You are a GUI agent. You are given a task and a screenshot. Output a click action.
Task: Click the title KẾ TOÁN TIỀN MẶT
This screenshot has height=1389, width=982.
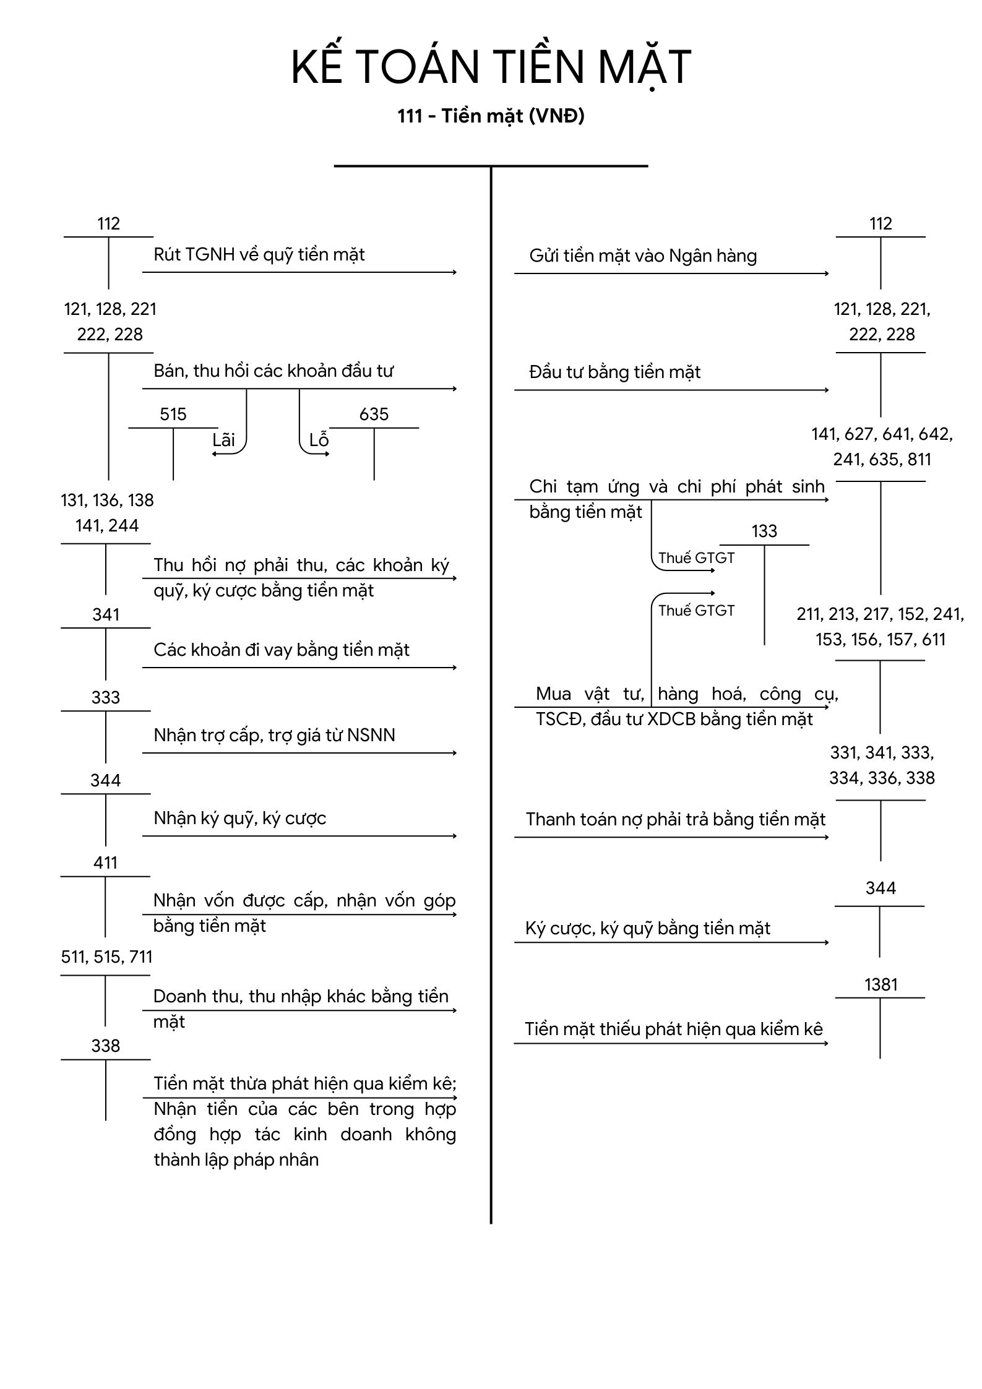(x=491, y=67)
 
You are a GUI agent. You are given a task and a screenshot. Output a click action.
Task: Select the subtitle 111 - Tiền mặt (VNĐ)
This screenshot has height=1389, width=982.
(x=491, y=116)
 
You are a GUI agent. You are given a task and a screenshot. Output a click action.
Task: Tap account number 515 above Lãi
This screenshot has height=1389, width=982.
(x=173, y=414)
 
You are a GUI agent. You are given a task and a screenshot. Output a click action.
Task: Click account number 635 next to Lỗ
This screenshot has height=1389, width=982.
(x=374, y=414)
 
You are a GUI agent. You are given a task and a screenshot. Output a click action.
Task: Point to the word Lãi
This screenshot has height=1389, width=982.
(x=223, y=440)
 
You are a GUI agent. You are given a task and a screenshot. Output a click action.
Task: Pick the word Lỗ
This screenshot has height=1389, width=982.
(x=319, y=440)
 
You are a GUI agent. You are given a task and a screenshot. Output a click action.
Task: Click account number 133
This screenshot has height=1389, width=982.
(x=764, y=531)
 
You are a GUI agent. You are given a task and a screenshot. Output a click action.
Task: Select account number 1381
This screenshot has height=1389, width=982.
(x=881, y=984)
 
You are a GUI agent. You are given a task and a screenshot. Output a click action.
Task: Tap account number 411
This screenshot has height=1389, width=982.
(x=105, y=862)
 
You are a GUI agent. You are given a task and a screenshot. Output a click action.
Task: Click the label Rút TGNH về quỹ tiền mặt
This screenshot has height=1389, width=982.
(x=259, y=255)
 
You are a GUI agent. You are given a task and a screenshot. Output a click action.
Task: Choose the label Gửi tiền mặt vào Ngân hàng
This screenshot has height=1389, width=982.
(x=643, y=256)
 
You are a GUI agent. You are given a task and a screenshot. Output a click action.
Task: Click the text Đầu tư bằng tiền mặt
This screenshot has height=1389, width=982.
(x=615, y=372)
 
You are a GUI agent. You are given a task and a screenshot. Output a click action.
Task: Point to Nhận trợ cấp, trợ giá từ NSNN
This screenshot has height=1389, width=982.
(x=274, y=735)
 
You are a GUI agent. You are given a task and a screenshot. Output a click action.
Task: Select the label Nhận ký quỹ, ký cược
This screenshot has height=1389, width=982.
(x=239, y=819)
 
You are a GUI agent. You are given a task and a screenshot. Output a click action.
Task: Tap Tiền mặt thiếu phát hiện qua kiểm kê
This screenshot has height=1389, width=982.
(x=674, y=1029)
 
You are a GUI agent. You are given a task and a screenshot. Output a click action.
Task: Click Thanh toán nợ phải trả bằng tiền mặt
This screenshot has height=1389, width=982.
(x=676, y=820)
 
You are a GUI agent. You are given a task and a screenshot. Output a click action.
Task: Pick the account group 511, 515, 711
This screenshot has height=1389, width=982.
(x=106, y=957)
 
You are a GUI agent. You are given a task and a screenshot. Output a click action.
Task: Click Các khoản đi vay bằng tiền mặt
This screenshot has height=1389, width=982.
(x=282, y=650)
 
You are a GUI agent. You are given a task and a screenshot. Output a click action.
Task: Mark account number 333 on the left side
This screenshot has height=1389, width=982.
(x=105, y=697)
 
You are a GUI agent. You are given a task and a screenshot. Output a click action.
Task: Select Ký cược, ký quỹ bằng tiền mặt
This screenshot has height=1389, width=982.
(x=648, y=929)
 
